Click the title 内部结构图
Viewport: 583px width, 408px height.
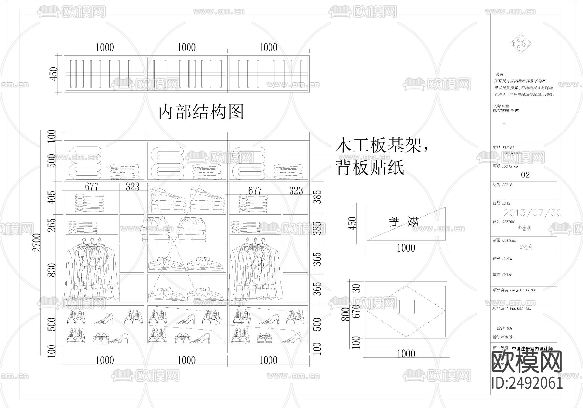201,112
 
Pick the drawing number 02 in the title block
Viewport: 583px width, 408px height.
525,175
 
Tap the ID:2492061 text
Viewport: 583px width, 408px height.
527,383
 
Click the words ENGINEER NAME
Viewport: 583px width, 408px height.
506,111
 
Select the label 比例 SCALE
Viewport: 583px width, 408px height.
502,185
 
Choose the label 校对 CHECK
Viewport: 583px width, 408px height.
502,259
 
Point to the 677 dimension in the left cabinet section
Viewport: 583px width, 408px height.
92,187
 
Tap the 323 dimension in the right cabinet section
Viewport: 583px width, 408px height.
296,191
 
